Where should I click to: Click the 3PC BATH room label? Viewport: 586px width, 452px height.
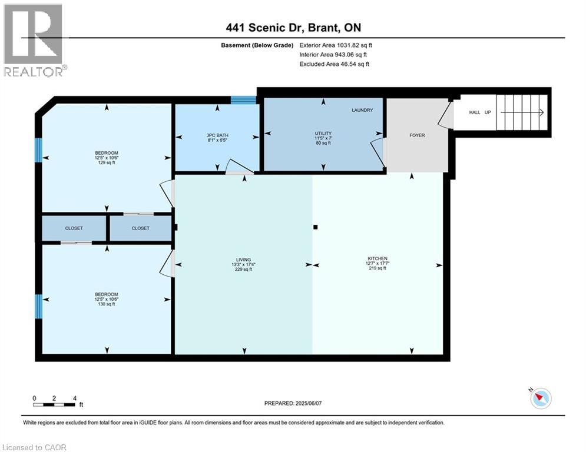[x=217, y=135]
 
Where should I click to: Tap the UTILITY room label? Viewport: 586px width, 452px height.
[x=323, y=134]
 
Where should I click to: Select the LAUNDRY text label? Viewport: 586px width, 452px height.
[x=362, y=110]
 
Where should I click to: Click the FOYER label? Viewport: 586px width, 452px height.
[x=417, y=135]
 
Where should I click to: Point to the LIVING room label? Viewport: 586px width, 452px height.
[x=243, y=260]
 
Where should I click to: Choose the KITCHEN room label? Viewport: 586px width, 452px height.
[x=378, y=258]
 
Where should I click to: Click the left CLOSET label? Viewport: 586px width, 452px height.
[x=74, y=228]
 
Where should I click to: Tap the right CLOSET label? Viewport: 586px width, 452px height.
[x=141, y=228]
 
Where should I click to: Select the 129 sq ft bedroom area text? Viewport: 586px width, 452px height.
[x=107, y=162]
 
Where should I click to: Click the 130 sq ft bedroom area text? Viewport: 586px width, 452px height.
[x=107, y=304]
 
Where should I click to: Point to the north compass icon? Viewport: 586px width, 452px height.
[x=541, y=398]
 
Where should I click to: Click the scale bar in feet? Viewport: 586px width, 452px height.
[x=54, y=404]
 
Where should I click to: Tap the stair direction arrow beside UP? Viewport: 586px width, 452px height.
[x=522, y=112]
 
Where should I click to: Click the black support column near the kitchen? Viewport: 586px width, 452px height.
[x=316, y=227]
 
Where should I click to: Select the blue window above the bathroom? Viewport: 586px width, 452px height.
[x=243, y=100]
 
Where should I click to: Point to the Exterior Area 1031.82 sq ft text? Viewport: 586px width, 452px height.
[x=336, y=45]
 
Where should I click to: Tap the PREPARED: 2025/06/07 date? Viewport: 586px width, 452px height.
[x=293, y=403]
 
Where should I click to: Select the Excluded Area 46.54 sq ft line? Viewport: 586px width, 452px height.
[x=334, y=64]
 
